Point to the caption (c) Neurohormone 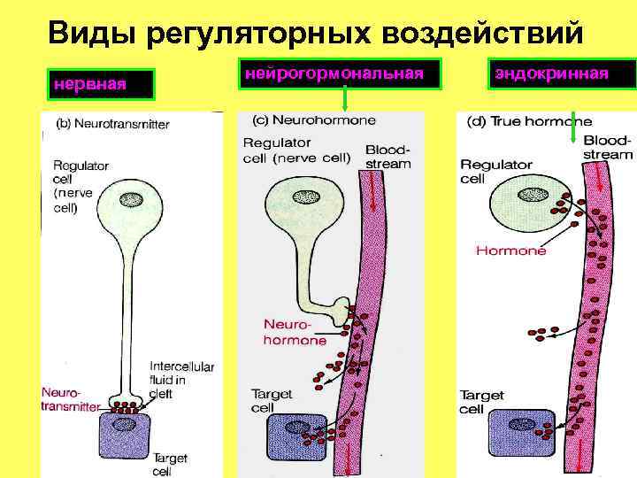click(314, 120)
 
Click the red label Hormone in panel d click(510, 251)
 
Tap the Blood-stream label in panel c click(388, 157)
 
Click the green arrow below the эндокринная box click(574, 127)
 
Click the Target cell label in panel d click(481, 402)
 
